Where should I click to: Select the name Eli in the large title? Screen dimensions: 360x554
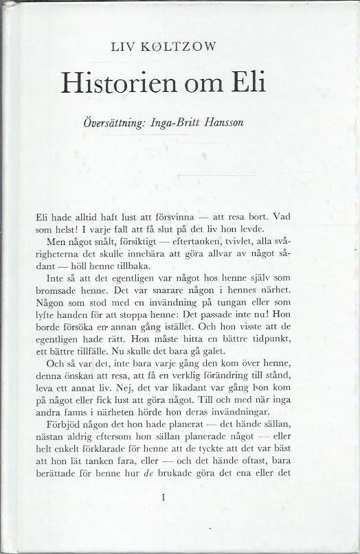click(245, 83)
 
